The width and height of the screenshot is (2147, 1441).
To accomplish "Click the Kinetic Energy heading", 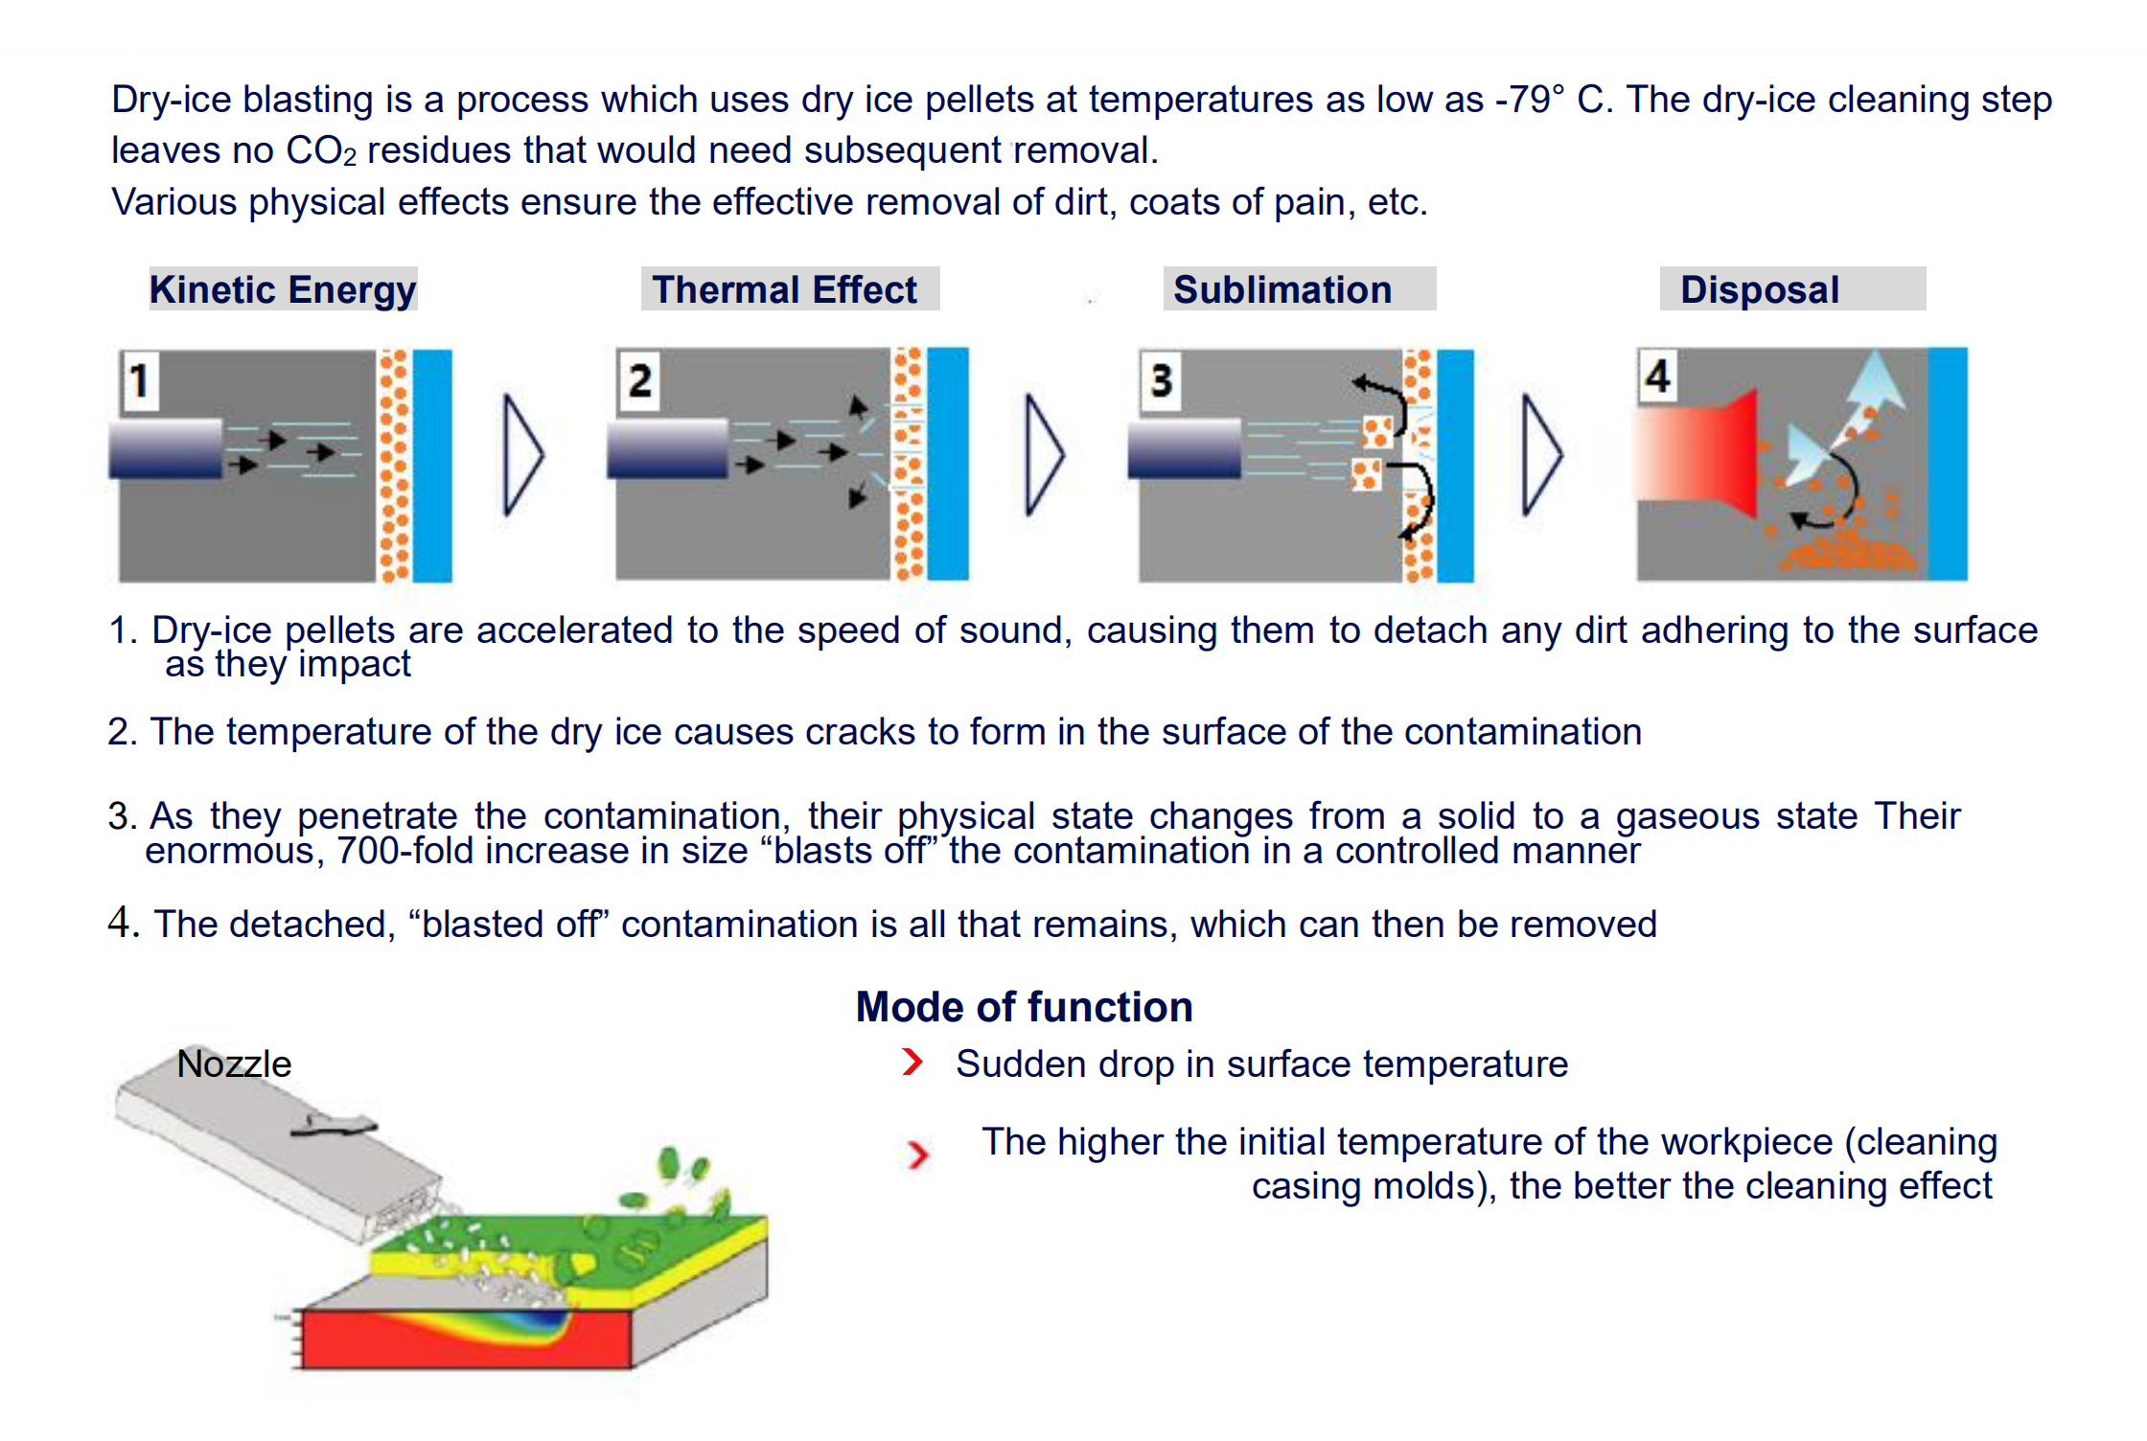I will (x=283, y=289).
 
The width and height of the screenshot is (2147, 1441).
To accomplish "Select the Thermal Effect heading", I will (x=784, y=289).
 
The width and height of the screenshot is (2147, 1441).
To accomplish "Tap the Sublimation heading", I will (x=1282, y=289).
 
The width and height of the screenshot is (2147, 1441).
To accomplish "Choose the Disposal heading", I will (x=1760, y=289).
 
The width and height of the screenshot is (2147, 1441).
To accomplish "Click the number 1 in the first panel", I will (x=140, y=380).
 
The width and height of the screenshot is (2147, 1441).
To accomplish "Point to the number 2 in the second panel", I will (x=639, y=380).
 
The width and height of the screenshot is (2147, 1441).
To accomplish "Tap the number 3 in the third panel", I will (x=1161, y=380).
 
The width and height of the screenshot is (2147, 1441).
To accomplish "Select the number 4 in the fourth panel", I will (x=1658, y=376).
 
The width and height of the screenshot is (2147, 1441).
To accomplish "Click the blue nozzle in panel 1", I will (x=166, y=448).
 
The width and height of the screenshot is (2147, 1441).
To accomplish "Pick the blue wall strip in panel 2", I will (x=947, y=464).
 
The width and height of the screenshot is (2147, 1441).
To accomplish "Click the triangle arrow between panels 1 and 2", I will (x=522, y=454).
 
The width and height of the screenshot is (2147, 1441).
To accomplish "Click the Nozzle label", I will (x=234, y=1064).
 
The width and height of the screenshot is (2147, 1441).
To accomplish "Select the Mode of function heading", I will (x=1024, y=1007).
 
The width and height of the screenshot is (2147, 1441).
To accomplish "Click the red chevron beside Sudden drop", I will (x=912, y=1062).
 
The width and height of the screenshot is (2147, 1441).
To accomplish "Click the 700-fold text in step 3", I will (x=406, y=851).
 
